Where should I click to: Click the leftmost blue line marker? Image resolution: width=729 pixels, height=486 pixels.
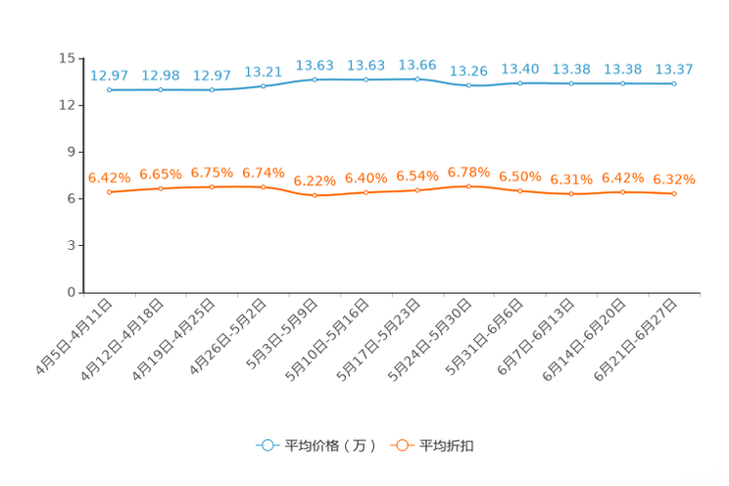[109, 90]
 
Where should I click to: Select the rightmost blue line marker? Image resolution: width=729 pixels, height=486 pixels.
[674, 84]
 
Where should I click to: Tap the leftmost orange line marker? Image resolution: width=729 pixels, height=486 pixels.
[109, 192]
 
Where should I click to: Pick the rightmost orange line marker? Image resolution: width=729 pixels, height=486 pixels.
[674, 194]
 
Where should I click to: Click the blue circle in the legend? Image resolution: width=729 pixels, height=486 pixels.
[267, 445]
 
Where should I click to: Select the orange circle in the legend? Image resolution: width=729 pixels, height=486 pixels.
[401, 445]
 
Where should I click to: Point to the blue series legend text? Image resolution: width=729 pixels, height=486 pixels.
[329, 446]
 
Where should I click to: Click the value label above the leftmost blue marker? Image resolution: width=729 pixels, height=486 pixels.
[109, 74]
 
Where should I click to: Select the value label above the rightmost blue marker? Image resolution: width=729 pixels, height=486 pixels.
[674, 69]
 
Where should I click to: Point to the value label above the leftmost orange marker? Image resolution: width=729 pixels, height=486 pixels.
[109, 177]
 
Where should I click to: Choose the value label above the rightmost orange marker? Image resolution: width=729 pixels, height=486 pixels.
[674, 179]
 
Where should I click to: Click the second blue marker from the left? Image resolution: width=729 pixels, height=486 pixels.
[160, 90]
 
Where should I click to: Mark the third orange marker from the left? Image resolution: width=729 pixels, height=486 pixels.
[212, 186]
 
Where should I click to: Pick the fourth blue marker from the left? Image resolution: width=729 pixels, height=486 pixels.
[263, 86]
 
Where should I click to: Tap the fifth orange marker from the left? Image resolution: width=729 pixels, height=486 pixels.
[315, 196]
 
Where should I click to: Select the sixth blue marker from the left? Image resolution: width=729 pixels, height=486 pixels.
[365, 79]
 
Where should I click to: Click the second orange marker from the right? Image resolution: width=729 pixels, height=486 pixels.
[622, 192]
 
